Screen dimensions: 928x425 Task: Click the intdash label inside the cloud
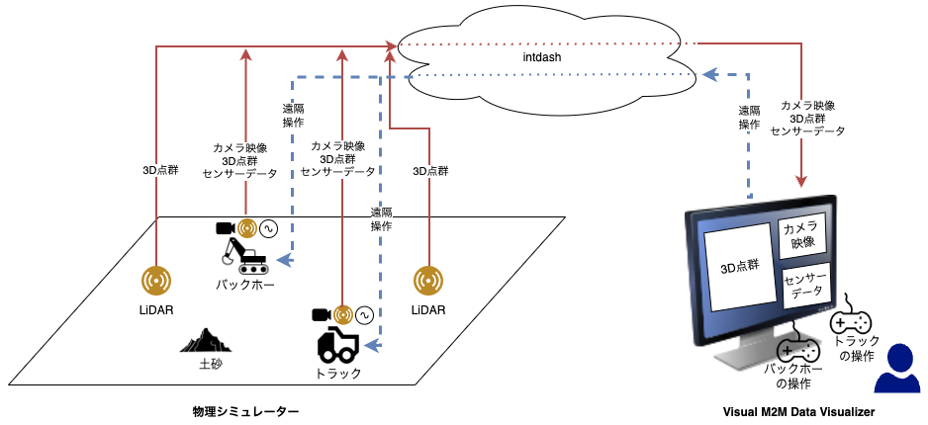click(541, 58)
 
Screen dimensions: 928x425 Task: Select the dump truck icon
click(338, 345)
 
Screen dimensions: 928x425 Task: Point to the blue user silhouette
click(897, 370)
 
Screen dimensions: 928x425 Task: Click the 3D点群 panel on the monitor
click(739, 269)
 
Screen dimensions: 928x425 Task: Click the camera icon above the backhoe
click(226, 227)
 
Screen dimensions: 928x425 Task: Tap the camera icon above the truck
click(322, 314)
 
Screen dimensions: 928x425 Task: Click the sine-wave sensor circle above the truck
click(363, 315)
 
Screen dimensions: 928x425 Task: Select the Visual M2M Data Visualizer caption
click(798, 411)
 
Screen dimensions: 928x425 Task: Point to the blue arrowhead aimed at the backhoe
click(285, 260)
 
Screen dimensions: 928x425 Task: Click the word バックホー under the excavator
click(244, 286)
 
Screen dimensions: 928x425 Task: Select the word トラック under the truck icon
click(338, 373)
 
